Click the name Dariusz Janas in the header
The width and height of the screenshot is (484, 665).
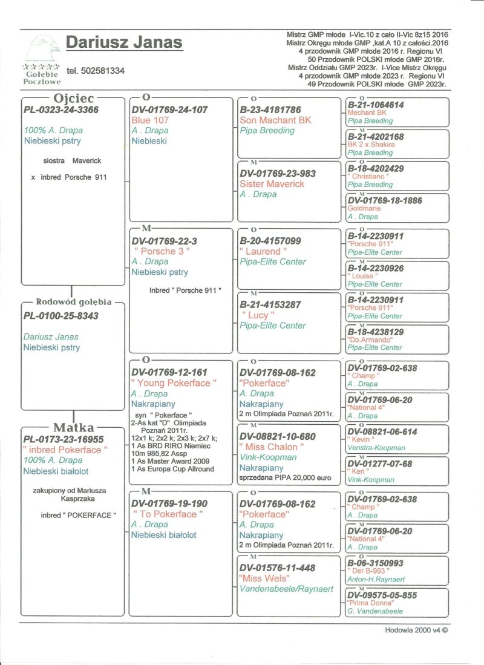(x=124, y=42)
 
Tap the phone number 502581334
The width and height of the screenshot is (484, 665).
(x=96, y=71)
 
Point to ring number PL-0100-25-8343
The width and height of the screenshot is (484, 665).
(x=60, y=316)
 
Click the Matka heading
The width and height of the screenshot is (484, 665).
(x=73, y=427)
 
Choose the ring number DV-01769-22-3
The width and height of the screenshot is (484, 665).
(x=165, y=241)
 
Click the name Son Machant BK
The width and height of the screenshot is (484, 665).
(x=275, y=120)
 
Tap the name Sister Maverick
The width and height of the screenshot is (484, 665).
(x=272, y=184)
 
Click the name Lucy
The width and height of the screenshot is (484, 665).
(x=258, y=315)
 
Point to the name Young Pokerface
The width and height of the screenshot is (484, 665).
(x=173, y=383)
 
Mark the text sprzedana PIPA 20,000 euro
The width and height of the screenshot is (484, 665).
(x=286, y=478)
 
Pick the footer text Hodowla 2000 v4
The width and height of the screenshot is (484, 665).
(x=416, y=630)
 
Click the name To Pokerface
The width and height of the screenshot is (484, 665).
(x=168, y=514)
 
